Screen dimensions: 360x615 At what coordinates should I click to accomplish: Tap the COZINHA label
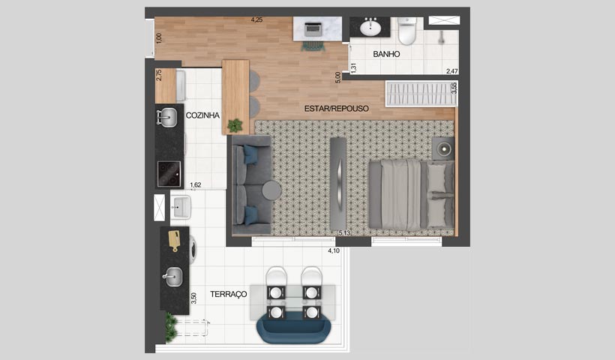click(202, 115)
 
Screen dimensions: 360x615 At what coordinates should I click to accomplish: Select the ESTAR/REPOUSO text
click(337, 108)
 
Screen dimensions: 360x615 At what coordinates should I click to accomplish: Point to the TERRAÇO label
click(229, 295)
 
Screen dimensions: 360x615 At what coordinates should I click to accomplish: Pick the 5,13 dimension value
click(345, 233)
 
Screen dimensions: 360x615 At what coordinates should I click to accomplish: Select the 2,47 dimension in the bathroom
click(452, 71)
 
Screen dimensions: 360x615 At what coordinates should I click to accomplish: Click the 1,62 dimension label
click(196, 184)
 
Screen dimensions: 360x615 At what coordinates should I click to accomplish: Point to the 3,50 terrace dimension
click(193, 298)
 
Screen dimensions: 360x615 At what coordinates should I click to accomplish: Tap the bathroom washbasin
click(370, 28)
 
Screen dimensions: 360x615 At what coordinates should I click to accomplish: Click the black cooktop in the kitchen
click(169, 174)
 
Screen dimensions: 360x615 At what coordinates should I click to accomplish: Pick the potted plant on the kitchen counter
click(235, 125)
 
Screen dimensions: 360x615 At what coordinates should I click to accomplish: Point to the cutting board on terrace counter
click(174, 240)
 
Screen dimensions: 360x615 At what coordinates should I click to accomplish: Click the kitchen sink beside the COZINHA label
click(167, 117)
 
